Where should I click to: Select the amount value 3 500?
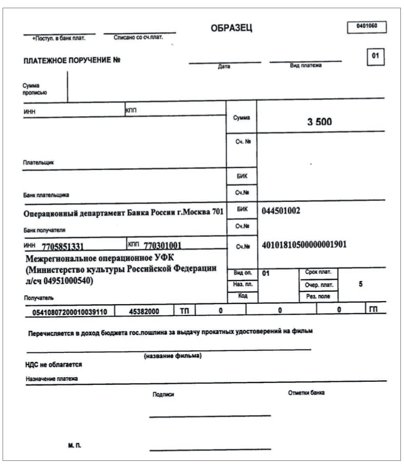tap(320, 122)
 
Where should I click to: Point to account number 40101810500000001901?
tap(304, 244)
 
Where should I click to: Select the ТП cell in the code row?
tap(184, 310)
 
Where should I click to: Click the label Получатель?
tap(39, 297)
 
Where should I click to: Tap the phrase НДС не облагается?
tap(53, 365)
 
